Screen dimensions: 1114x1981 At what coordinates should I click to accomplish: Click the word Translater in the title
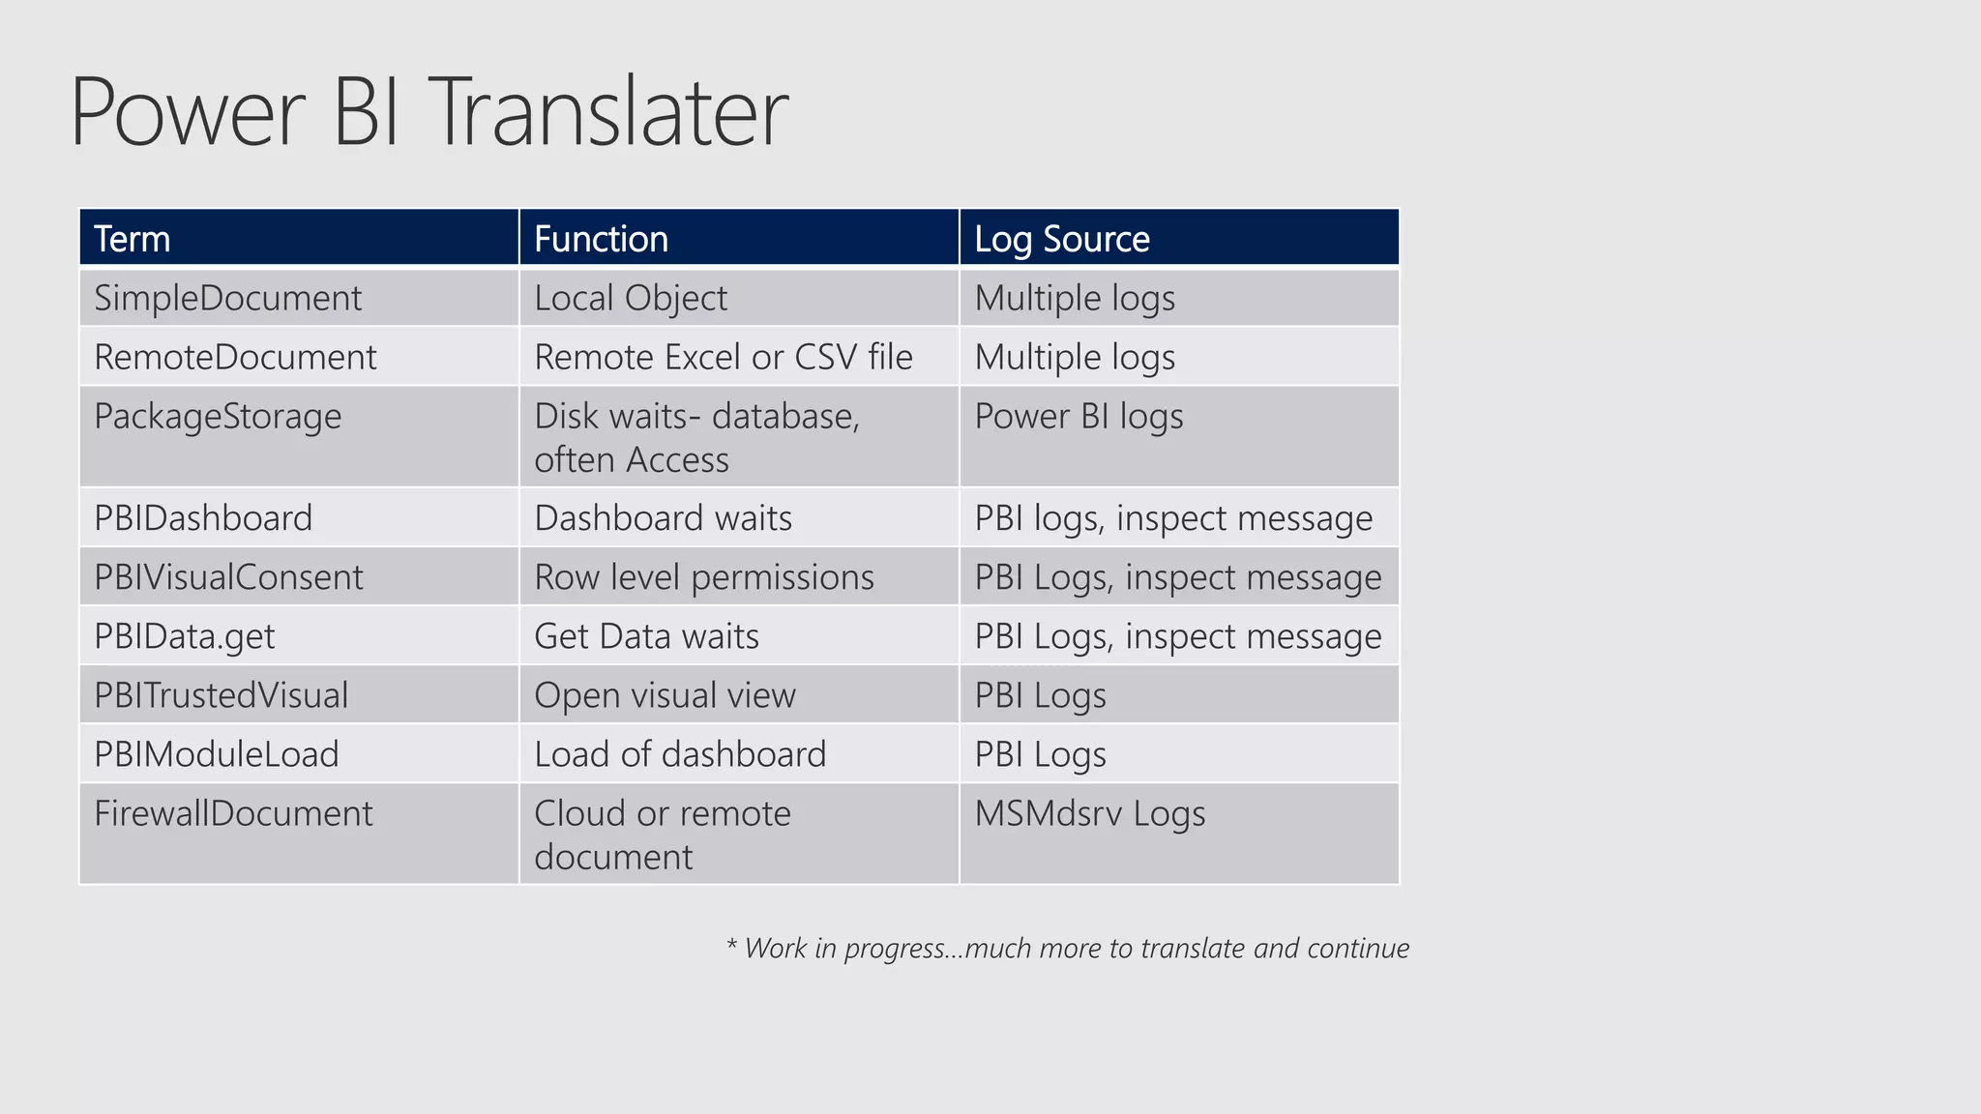pyautogui.click(x=612, y=113)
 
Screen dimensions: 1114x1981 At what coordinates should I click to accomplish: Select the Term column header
pyautogui.click(x=132, y=239)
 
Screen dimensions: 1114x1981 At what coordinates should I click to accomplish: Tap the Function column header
pyautogui.click(x=601, y=239)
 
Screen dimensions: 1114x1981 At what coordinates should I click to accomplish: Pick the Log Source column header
pyautogui.click(x=1061, y=239)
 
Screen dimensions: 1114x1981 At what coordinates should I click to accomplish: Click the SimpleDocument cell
pyautogui.click(x=227, y=298)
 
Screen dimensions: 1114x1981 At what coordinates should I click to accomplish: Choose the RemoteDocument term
pyautogui.click(x=235, y=357)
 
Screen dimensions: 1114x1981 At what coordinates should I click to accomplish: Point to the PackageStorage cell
pyautogui.click(x=218, y=417)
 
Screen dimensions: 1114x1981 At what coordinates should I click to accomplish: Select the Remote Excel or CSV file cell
pyautogui.click(x=723, y=357)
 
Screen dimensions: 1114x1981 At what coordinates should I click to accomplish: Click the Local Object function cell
pyautogui.click(x=630, y=298)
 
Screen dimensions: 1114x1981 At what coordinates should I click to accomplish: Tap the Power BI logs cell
pyautogui.click(x=1079, y=417)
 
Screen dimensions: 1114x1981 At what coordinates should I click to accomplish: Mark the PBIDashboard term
pyautogui.click(x=203, y=518)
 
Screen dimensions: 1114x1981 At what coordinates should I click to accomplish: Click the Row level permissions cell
pyautogui.click(x=703, y=577)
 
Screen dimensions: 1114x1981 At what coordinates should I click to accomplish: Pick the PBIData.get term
pyautogui.click(x=184, y=636)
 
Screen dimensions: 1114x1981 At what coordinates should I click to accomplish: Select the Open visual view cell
pyautogui.click(x=665, y=695)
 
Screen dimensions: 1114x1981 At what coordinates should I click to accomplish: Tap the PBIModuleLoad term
pyautogui.click(x=216, y=754)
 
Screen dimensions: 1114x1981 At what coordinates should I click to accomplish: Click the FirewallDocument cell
pyautogui.click(x=233, y=813)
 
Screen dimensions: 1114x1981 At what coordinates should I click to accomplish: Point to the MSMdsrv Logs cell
pyautogui.click(x=1089, y=813)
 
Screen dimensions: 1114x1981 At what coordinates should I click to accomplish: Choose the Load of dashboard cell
pyautogui.click(x=680, y=754)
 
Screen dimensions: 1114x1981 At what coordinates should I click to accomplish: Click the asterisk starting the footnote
pyautogui.click(x=732, y=943)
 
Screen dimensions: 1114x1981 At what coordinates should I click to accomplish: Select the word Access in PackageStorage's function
pyautogui.click(x=677, y=460)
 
